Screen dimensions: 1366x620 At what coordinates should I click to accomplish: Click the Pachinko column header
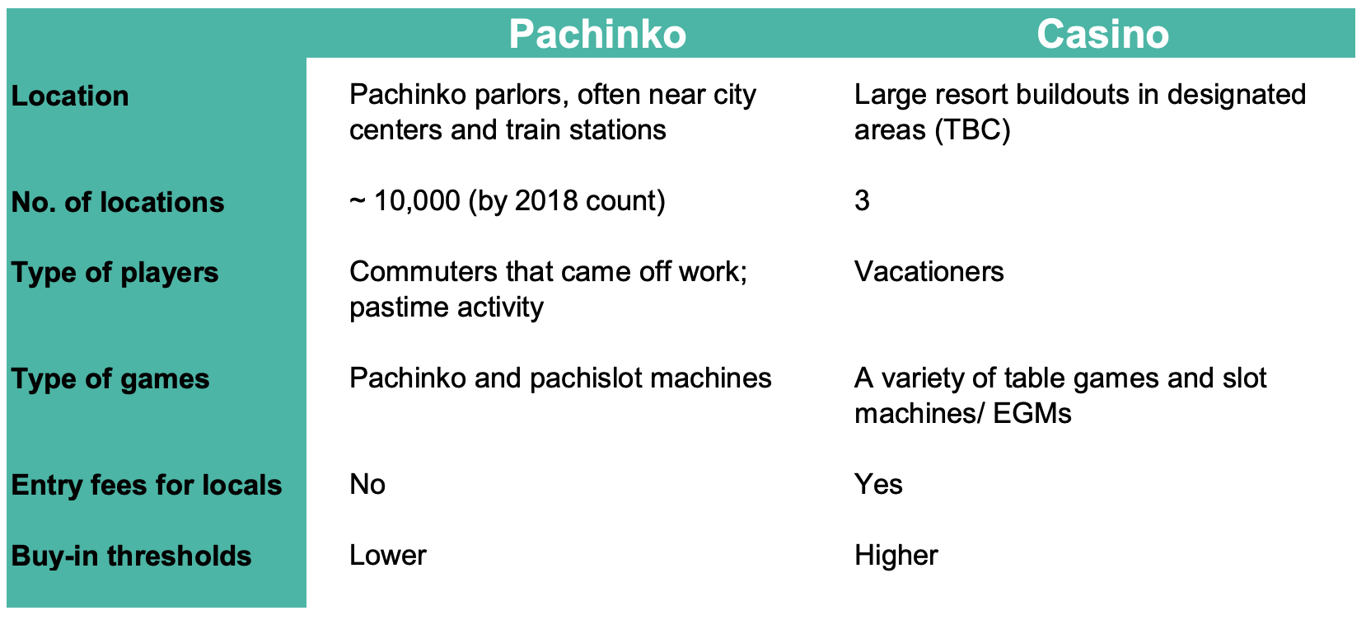pos(597,34)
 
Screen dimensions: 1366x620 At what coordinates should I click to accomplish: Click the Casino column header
pos(1102,34)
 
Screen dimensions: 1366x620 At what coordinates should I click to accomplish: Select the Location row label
pos(70,96)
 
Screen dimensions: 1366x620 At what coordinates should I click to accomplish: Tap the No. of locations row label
pos(118,202)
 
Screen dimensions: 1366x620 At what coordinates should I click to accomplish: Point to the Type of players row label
pos(115,273)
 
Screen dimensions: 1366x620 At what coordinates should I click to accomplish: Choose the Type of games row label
pos(110,379)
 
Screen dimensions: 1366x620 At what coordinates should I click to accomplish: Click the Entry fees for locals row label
pos(147,485)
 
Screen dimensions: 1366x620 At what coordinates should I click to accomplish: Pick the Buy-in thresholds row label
pos(131,556)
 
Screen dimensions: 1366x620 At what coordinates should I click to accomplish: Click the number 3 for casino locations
pos(862,201)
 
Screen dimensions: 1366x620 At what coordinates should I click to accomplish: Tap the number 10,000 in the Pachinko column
pos(417,201)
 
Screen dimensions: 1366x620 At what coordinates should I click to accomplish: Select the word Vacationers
pos(929,271)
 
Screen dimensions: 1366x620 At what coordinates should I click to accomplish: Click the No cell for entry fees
pos(367,485)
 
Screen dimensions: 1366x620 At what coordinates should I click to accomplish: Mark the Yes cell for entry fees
pos(878,485)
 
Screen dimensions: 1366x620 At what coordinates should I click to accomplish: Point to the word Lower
pos(388,556)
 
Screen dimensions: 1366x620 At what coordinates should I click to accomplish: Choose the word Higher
pos(896,556)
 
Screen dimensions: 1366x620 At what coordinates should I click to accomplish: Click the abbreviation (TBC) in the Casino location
pos(972,130)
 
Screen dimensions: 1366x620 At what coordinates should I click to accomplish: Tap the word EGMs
pos(1032,414)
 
